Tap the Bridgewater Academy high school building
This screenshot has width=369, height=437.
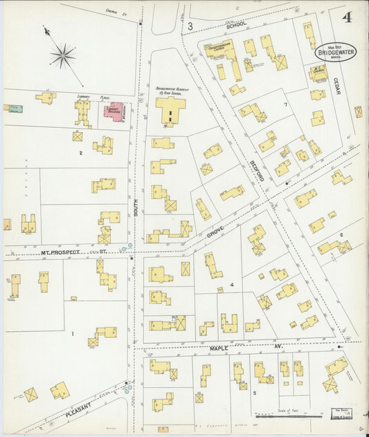[170, 109]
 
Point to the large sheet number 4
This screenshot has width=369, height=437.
[345, 17]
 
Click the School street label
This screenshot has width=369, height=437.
[237, 24]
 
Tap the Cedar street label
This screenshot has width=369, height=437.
[337, 86]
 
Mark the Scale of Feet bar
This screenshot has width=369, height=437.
[277, 417]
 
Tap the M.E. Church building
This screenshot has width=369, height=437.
[316, 71]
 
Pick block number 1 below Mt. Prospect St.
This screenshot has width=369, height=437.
[72, 334]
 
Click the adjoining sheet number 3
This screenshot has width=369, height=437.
[189, 26]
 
